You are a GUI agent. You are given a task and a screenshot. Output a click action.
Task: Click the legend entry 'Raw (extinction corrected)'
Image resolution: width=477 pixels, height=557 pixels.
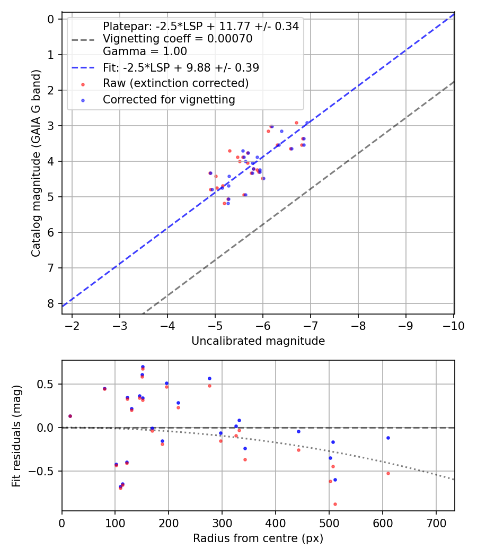[x=175, y=83]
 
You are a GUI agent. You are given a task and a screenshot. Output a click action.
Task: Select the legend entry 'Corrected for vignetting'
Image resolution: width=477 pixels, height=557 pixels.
[x=169, y=99]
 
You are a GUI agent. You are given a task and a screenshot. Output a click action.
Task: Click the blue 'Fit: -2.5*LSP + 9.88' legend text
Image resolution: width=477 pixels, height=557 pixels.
[x=181, y=68]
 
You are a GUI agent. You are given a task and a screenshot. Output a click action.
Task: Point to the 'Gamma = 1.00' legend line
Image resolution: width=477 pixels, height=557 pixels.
[x=145, y=51]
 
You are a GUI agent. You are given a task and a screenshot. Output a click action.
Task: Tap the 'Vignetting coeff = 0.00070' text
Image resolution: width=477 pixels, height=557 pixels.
[x=178, y=39]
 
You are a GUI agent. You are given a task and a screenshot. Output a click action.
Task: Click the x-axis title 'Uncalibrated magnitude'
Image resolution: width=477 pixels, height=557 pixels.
[x=258, y=341]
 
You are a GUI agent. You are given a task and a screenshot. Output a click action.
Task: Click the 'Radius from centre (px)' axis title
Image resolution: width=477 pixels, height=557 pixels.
[x=258, y=538]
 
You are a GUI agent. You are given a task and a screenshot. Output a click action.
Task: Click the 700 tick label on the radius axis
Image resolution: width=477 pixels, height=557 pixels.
[x=436, y=523]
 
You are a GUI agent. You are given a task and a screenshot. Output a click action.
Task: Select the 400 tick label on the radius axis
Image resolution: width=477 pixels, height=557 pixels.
[x=276, y=523]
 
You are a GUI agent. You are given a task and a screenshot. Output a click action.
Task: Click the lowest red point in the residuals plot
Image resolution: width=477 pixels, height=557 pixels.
[x=335, y=504]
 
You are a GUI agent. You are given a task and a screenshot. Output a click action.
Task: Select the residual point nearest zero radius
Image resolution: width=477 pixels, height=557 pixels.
[x=70, y=416]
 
